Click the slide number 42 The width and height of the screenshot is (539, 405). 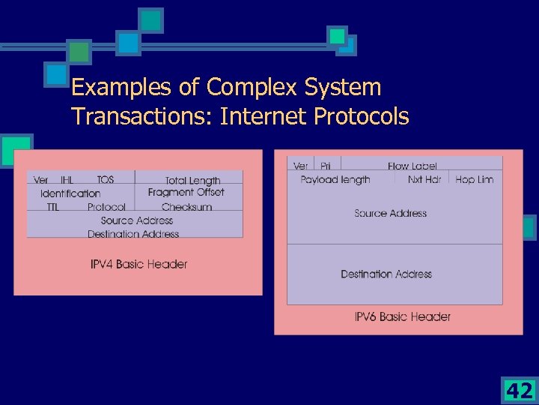pos(520,391)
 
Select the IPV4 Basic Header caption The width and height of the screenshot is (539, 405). pos(138,264)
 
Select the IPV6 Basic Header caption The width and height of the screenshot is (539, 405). pos(402,316)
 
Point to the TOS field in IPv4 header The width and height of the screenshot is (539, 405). pos(106,180)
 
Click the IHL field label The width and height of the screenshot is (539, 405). pos(67,180)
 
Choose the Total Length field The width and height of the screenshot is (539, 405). pos(192,181)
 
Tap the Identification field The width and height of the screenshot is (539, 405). pos(70,193)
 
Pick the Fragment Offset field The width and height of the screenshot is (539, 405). pos(186,193)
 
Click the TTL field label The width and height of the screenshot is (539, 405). pos(52,207)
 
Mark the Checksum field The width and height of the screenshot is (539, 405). pos(186,207)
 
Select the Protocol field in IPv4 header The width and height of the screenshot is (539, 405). pos(106,207)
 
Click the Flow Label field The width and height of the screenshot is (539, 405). pos(412,166)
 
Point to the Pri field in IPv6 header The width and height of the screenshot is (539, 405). pos(326,166)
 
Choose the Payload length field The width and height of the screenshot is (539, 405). pos(335,179)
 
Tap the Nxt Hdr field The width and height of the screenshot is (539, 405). pos(424,179)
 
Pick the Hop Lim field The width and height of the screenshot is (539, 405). pos(475,179)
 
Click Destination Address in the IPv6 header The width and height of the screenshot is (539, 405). pos(386,274)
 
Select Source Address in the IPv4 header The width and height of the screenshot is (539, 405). pos(136,220)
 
